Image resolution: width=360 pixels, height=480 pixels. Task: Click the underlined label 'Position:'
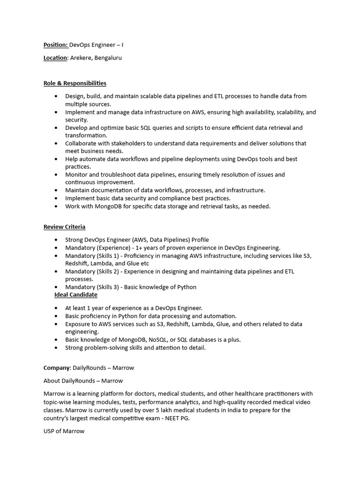click(x=56, y=45)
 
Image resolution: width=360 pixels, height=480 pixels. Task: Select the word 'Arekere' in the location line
click(x=81, y=58)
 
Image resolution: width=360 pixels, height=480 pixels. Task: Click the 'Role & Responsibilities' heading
click(x=75, y=83)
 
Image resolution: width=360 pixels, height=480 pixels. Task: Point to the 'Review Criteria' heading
click(x=64, y=227)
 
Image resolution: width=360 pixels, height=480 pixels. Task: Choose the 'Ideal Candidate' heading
click(x=76, y=295)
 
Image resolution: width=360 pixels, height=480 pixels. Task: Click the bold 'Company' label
click(x=57, y=368)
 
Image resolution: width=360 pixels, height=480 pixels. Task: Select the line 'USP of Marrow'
click(x=64, y=431)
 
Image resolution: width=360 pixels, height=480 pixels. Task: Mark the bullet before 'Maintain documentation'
click(x=56, y=191)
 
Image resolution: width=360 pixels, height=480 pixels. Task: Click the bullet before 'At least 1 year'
click(x=56, y=308)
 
